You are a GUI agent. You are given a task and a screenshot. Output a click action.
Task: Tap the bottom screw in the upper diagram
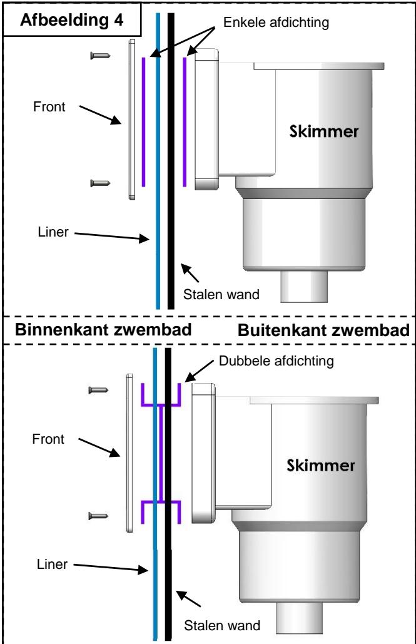[x=100, y=183]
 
